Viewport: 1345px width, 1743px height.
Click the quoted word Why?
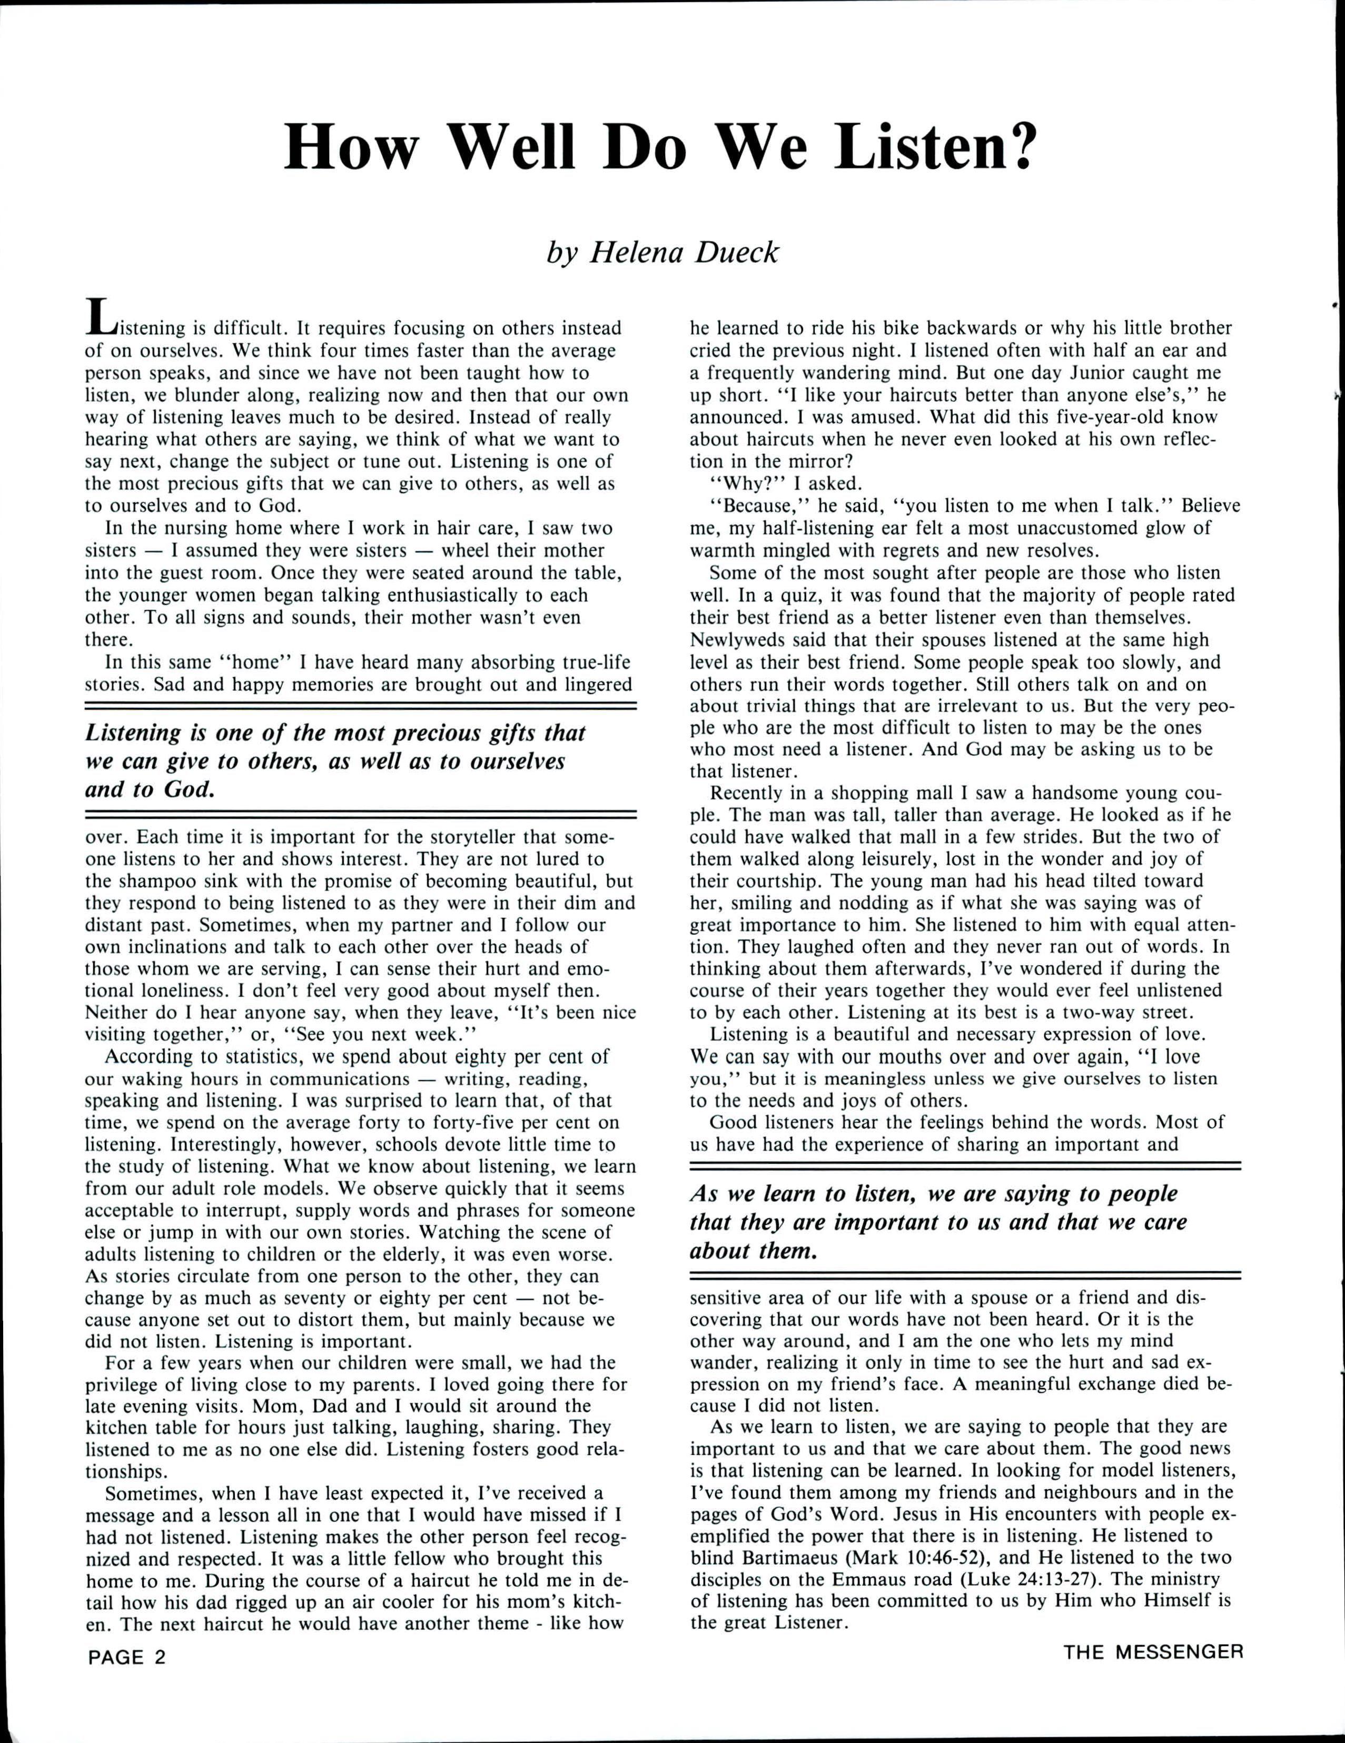738,483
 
